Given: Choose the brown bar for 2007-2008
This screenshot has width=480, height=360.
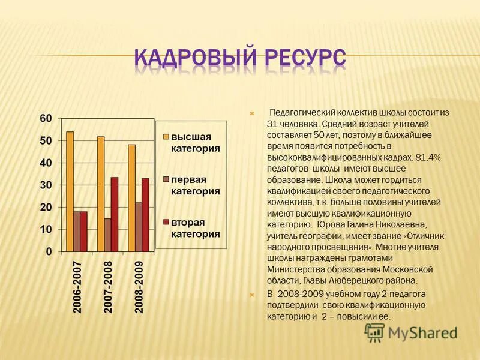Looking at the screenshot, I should [x=107, y=234].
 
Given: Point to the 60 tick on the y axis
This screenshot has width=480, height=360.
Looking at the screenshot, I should [x=46, y=118].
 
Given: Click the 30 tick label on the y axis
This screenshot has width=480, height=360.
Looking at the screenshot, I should [x=46, y=185].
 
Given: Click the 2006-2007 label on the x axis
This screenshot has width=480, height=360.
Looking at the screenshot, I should [x=77, y=287].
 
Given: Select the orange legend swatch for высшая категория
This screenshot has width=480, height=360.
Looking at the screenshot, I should [x=164, y=137].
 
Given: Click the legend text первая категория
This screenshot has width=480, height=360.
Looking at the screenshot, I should [x=194, y=185].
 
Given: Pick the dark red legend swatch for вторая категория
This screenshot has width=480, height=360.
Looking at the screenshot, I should [x=164, y=223].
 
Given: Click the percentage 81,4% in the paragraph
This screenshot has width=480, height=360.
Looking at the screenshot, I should [x=428, y=157].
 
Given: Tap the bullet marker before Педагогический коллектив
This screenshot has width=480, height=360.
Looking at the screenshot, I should [x=253, y=113].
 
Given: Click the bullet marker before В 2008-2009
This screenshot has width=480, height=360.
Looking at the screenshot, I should [x=253, y=294].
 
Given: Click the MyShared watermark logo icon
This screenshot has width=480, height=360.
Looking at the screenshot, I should [x=375, y=331].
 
